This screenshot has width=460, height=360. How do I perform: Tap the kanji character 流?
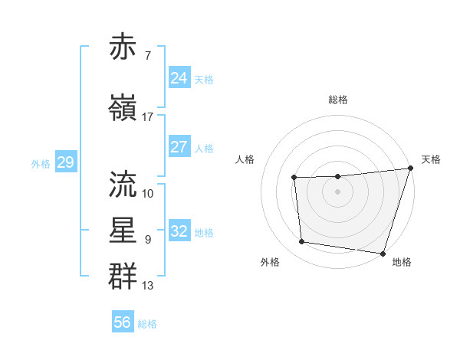(x=123, y=183)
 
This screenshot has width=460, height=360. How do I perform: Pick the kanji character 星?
(x=123, y=230)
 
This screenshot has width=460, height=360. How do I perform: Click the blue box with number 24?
(x=179, y=78)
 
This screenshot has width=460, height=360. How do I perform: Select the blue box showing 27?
(x=179, y=147)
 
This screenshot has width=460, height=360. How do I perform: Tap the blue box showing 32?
(x=179, y=231)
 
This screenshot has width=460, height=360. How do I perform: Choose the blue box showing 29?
(x=65, y=162)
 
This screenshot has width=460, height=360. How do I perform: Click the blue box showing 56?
(x=123, y=322)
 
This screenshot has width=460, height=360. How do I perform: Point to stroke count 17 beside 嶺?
(x=148, y=116)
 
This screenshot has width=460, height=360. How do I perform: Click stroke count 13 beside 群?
(x=148, y=286)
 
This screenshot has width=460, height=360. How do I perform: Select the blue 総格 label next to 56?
(x=147, y=324)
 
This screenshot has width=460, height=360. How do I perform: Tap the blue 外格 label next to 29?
(x=41, y=163)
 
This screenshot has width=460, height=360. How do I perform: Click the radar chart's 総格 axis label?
(x=337, y=100)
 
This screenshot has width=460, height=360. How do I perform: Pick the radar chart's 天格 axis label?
(x=431, y=159)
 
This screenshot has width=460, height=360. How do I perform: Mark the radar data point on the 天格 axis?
(x=410, y=169)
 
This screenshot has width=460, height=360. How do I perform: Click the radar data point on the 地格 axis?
(x=383, y=253)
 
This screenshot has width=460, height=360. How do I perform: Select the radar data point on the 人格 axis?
(x=294, y=178)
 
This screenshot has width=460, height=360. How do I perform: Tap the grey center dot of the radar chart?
(x=337, y=191)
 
